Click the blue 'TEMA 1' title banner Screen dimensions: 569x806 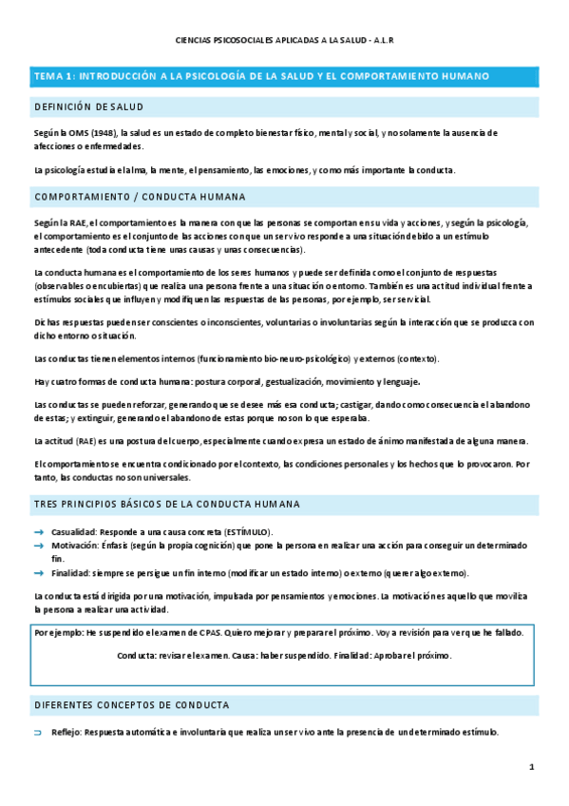pyautogui.click(x=284, y=76)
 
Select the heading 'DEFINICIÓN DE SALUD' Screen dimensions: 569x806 pyautogui.click(x=88, y=107)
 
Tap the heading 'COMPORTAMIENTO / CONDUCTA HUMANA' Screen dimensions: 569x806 pyautogui.click(x=140, y=197)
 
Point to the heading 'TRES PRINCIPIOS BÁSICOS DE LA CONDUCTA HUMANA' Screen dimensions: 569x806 pyautogui.click(x=167, y=503)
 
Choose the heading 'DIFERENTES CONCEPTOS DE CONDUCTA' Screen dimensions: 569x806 pyautogui.click(x=131, y=705)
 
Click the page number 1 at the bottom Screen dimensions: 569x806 pyautogui.click(x=532, y=766)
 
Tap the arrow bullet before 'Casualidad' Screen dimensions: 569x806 pyautogui.click(x=38, y=532)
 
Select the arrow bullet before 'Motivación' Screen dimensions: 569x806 pyautogui.click(x=38, y=547)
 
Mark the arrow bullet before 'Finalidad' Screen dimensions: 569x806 pyautogui.click(x=38, y=573)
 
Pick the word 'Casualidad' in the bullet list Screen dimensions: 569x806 pyautogui.click(x=72, y=532)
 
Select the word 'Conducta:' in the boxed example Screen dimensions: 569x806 pyautogui.click(x=137, y=656)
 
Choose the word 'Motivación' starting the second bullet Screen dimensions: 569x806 pyautogui.click(x=73, y=547)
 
